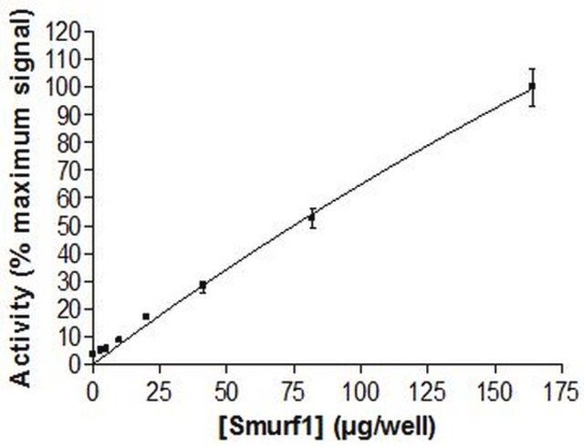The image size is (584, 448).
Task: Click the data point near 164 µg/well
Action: (x=532, y=87)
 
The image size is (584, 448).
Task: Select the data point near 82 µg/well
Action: (x=312, y=217)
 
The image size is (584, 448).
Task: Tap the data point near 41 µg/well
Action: (x=203, y=286)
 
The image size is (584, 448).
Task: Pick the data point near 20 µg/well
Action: (x=146, y=317)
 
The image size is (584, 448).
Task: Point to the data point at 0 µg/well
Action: (x=92, y=353)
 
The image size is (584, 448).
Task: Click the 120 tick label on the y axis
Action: (x=68, y=32)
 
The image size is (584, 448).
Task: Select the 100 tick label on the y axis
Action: (x=68, y=87)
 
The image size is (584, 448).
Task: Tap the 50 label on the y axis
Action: (x=72, y=225)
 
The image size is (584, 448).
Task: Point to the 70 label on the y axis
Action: (x=72, y=170)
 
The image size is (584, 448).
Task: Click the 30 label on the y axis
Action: (x=72, y=281)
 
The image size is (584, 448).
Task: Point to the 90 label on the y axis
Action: (x=72, y=115)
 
